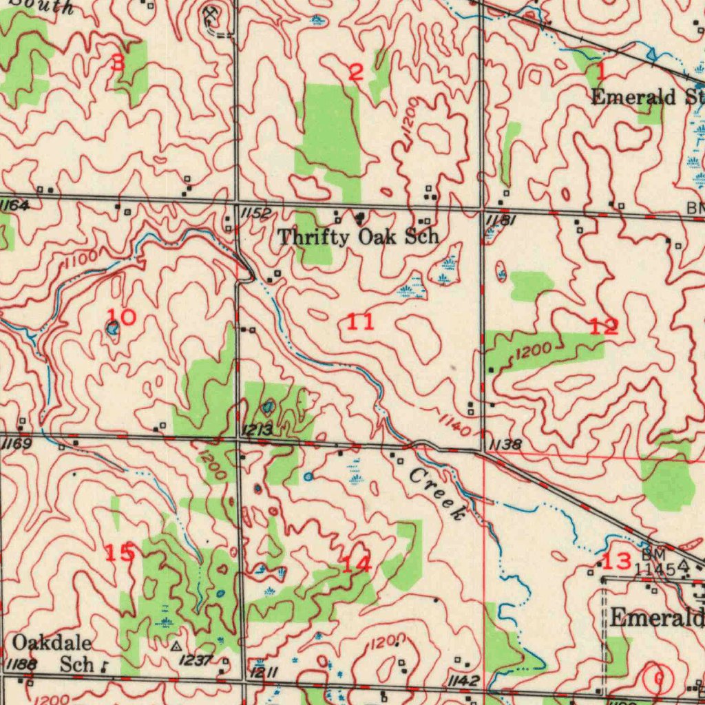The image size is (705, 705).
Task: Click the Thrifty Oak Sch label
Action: click(358, 238)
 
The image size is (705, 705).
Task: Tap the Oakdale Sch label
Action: click(54, 653)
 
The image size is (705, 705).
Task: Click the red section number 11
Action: click(361, 321)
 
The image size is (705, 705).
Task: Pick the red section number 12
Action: click(604, 326)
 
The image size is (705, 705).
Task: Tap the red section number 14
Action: click(357, 565)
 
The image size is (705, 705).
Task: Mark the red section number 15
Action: click(120, 552)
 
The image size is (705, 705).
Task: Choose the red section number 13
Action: click(616, 560)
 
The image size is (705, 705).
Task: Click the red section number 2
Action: click(355, 72)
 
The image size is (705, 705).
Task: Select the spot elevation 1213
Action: click(257, 431)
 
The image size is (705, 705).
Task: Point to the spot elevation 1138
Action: click(504, 445)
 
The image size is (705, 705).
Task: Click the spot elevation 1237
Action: click(195, 660)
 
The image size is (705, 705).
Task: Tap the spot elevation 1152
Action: click(255, 214)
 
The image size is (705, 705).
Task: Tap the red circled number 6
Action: click(658, 679)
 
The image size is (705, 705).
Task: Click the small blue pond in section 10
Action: click(112, 329)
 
